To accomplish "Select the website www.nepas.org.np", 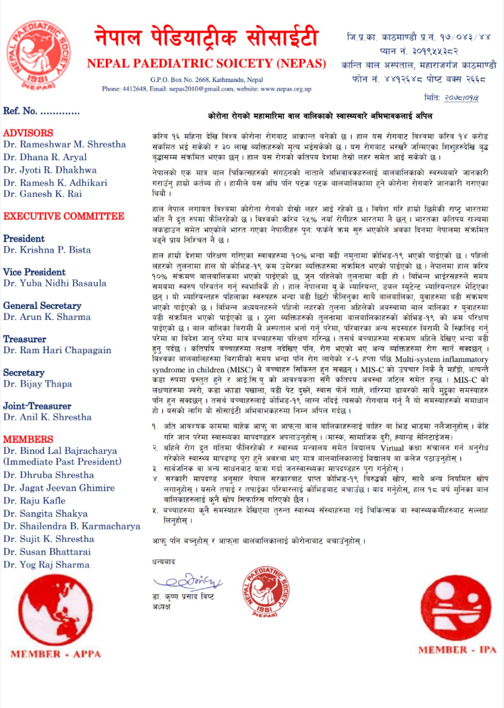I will (286, 89).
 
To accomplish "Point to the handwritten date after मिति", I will (461, 98).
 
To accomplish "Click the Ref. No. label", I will (20, 111).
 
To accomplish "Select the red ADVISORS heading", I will (28, 133).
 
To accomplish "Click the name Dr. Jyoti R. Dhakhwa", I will (50, 170).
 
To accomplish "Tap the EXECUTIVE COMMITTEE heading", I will (64, 216).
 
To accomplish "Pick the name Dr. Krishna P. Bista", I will (47, 250).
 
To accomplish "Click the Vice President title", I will (34, 272).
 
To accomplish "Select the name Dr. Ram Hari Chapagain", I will (57, 350).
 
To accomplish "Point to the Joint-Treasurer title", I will (37, 406).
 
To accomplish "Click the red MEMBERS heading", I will (28, 439).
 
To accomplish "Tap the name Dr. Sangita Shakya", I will (45, 513).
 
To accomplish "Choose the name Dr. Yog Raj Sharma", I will (46, 565).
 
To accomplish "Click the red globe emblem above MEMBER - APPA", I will (55, 610).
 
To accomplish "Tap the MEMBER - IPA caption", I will (457, 650).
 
